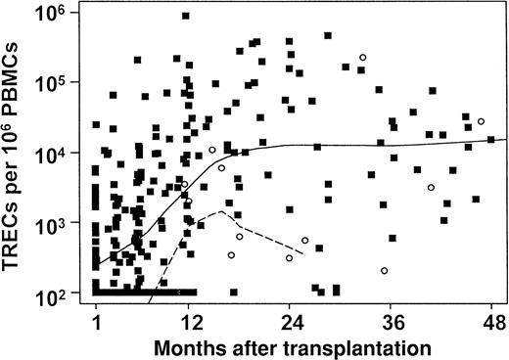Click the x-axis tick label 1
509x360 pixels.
(x=96, y=320)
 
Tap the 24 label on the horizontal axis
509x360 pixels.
(x=290, y=320)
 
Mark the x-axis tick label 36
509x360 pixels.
(x=392, y=320)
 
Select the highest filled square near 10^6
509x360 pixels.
(x=186, y=17)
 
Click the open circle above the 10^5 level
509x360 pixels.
(x=363, y=58)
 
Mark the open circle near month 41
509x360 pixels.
(x=431, y=187)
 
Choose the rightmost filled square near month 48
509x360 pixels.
(x=490, y=139)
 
